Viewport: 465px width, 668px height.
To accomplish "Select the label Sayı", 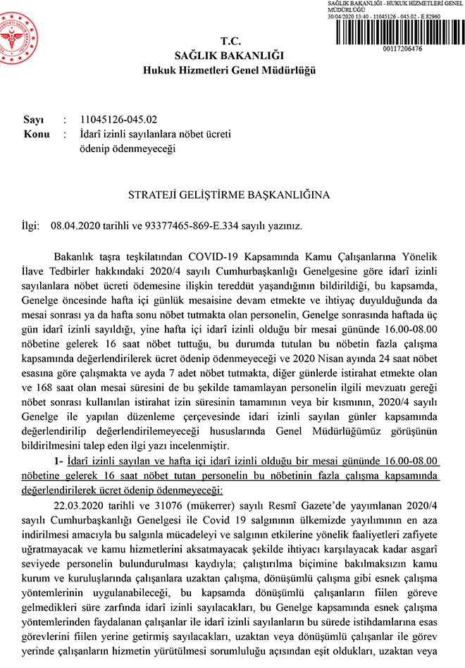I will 34,120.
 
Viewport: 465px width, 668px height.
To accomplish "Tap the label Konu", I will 36,133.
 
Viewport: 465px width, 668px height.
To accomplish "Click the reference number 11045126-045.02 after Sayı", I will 119,120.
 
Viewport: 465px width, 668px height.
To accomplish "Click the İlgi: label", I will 33,226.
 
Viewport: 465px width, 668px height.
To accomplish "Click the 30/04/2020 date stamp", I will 341,16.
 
